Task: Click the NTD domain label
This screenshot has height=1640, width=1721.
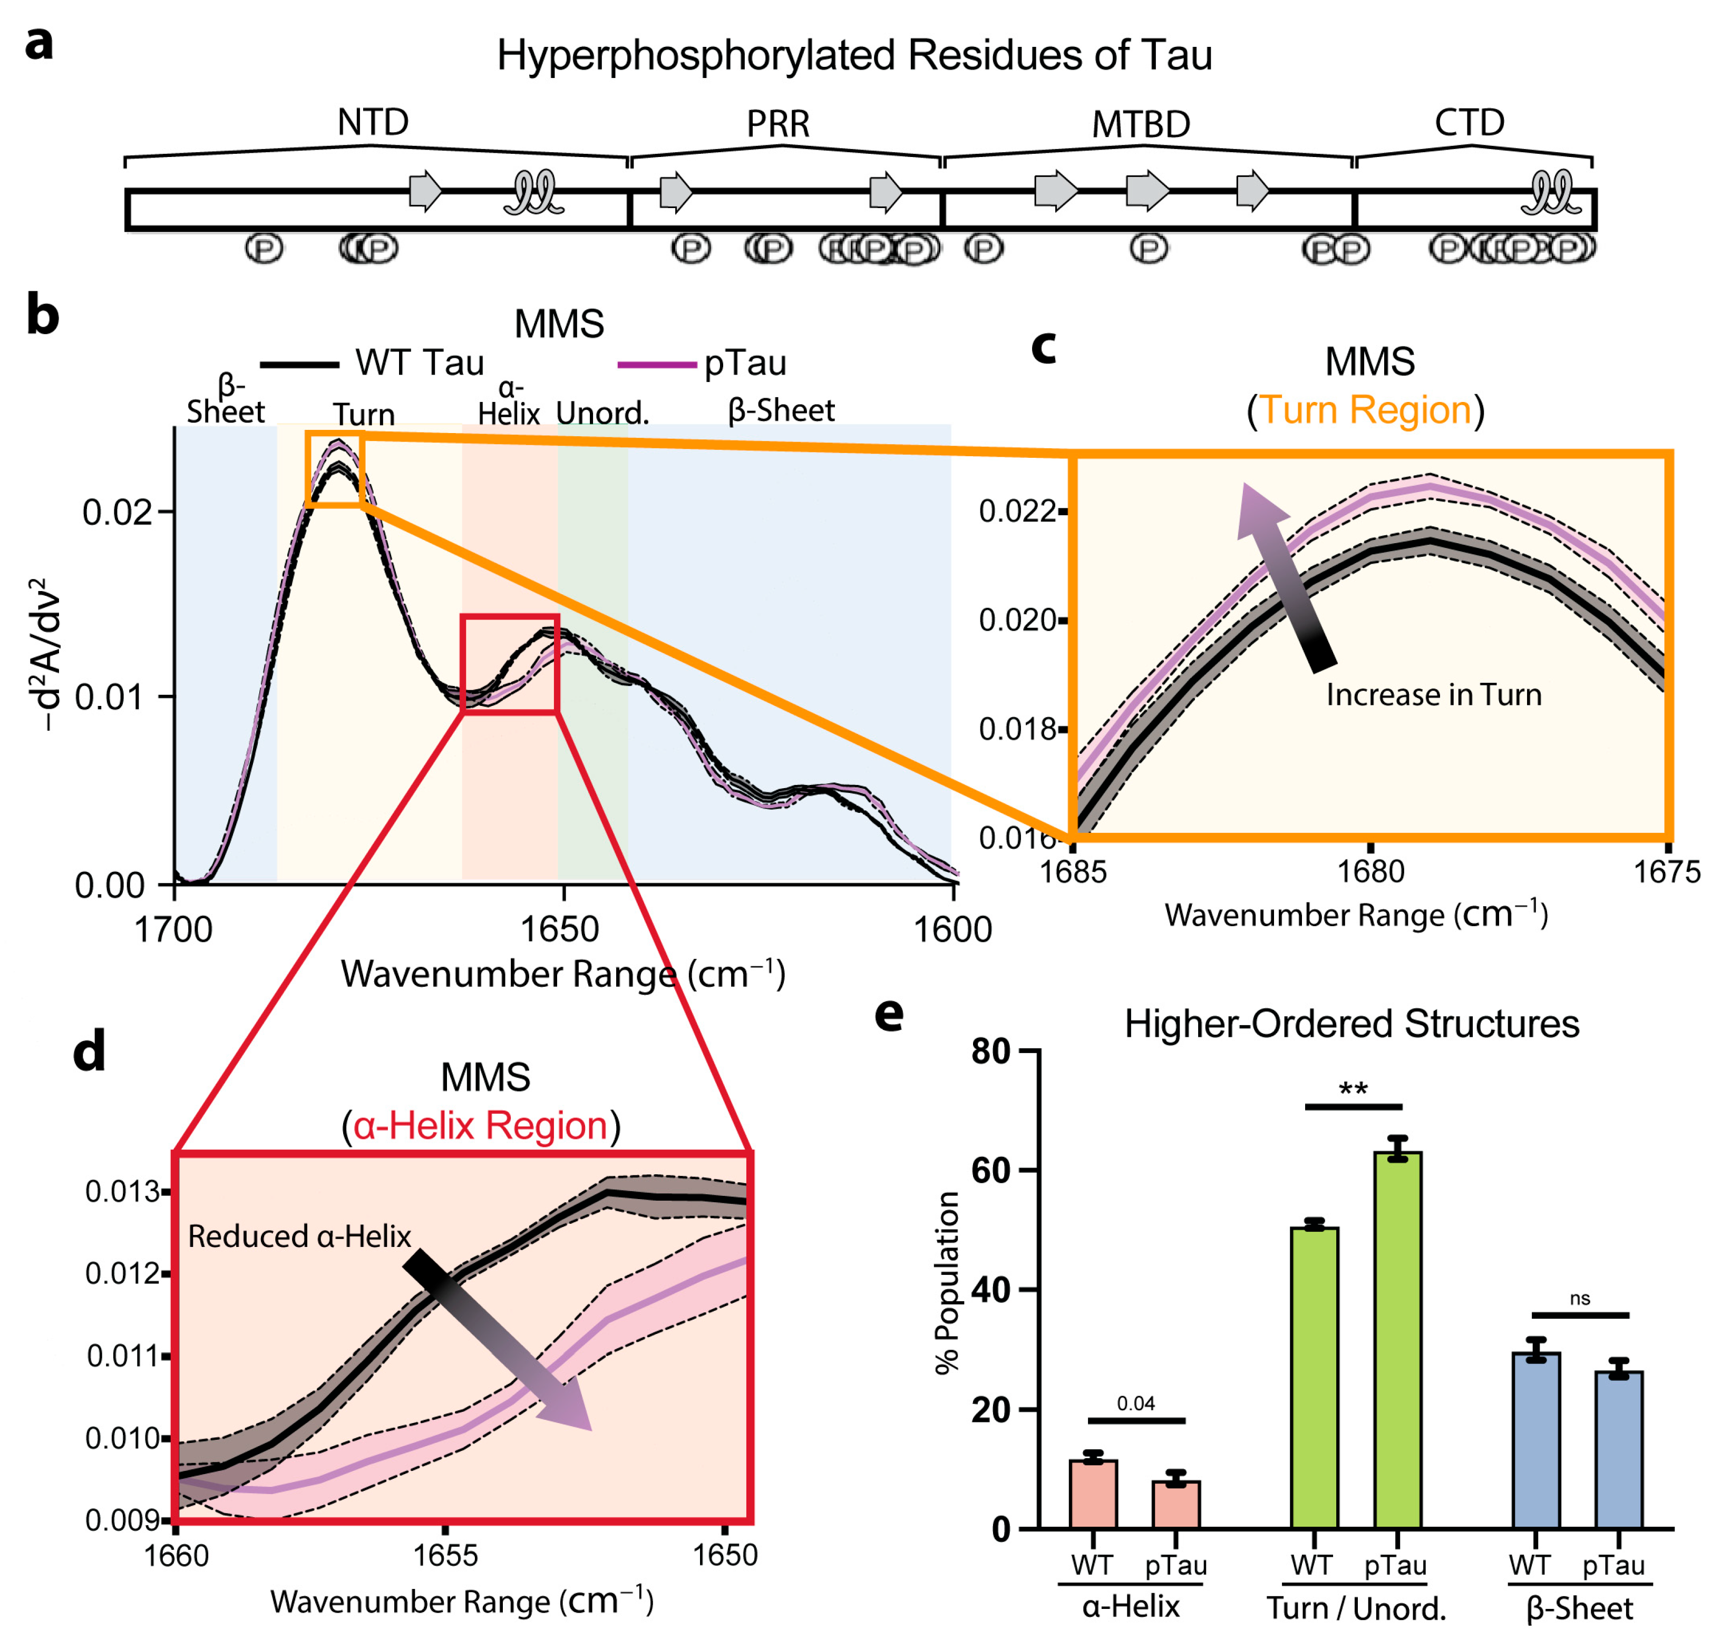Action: pyautogui.click(x=373, y=122)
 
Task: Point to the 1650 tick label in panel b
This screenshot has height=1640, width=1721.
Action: pyautogui.click(x=560, y=929)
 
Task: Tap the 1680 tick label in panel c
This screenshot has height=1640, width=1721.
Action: pyautogui.click(x=1370, y=871)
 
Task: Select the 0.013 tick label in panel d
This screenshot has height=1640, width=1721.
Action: pyautogui.click(x=122, y=1192)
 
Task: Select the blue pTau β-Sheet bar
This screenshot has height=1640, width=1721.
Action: pyautogui.click(x=1619, y=1449)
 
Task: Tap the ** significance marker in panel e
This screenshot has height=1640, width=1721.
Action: pyautogui.click(x=1353, y=1090)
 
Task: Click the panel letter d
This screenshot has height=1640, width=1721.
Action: pyautogui.click(x=89, y=1051)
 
